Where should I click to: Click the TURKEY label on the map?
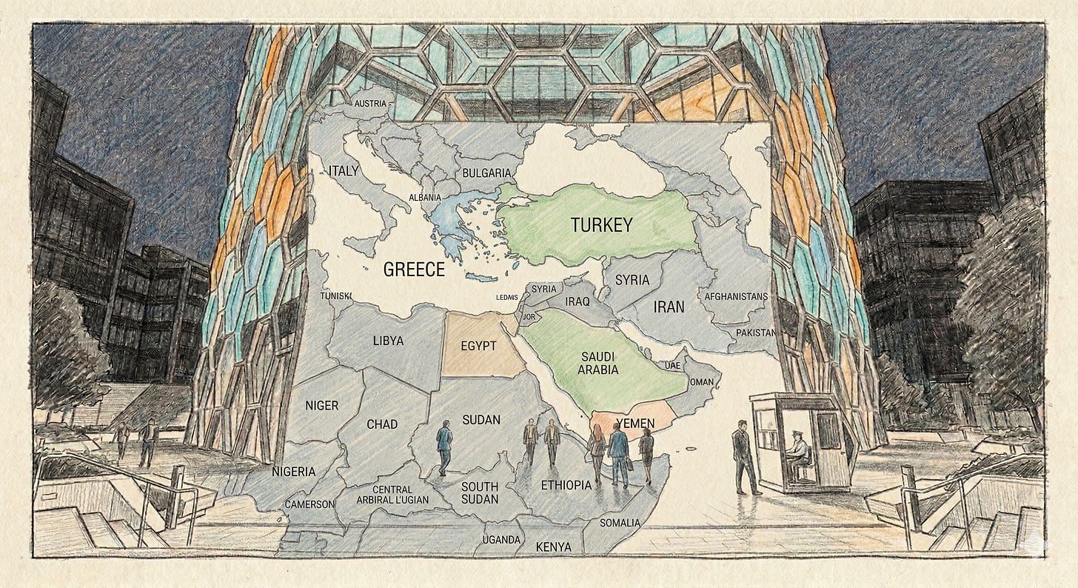pyautogui.click(x=600, y=225)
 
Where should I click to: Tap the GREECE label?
pyautogui.click(x=414, y=270)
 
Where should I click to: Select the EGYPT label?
pyautogui.click(x=478, y=346)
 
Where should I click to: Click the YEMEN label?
pyautogui.click(x=635, y=423)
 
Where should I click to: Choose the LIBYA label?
pyautogui.click(x=388, y=341)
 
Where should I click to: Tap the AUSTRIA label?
pyautogui.click(x=370, y=103)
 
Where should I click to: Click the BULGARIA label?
pyautogui.click(x=486, y=173)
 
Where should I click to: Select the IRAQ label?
pyautogui.click(x=577, y=301)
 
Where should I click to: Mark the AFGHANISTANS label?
pyautogui.click(x=735, y=296)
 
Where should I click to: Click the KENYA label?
pyautogui.click(x=553, y=547)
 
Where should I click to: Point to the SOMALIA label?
pyautogui.click(x=620, y=523)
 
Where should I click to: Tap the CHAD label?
pyautogui.click(x=382, y=424)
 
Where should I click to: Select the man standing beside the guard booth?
pyautogui.click(x=744, y=457)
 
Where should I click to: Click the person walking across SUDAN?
pyautogui.click(x=443, y=447)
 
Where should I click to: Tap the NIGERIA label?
pyautogui.click(x=293, y=471)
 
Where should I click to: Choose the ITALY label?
pyautogui.click(x=344, y=171)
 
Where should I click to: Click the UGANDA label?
pyautogui.click(x=501, y=539)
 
